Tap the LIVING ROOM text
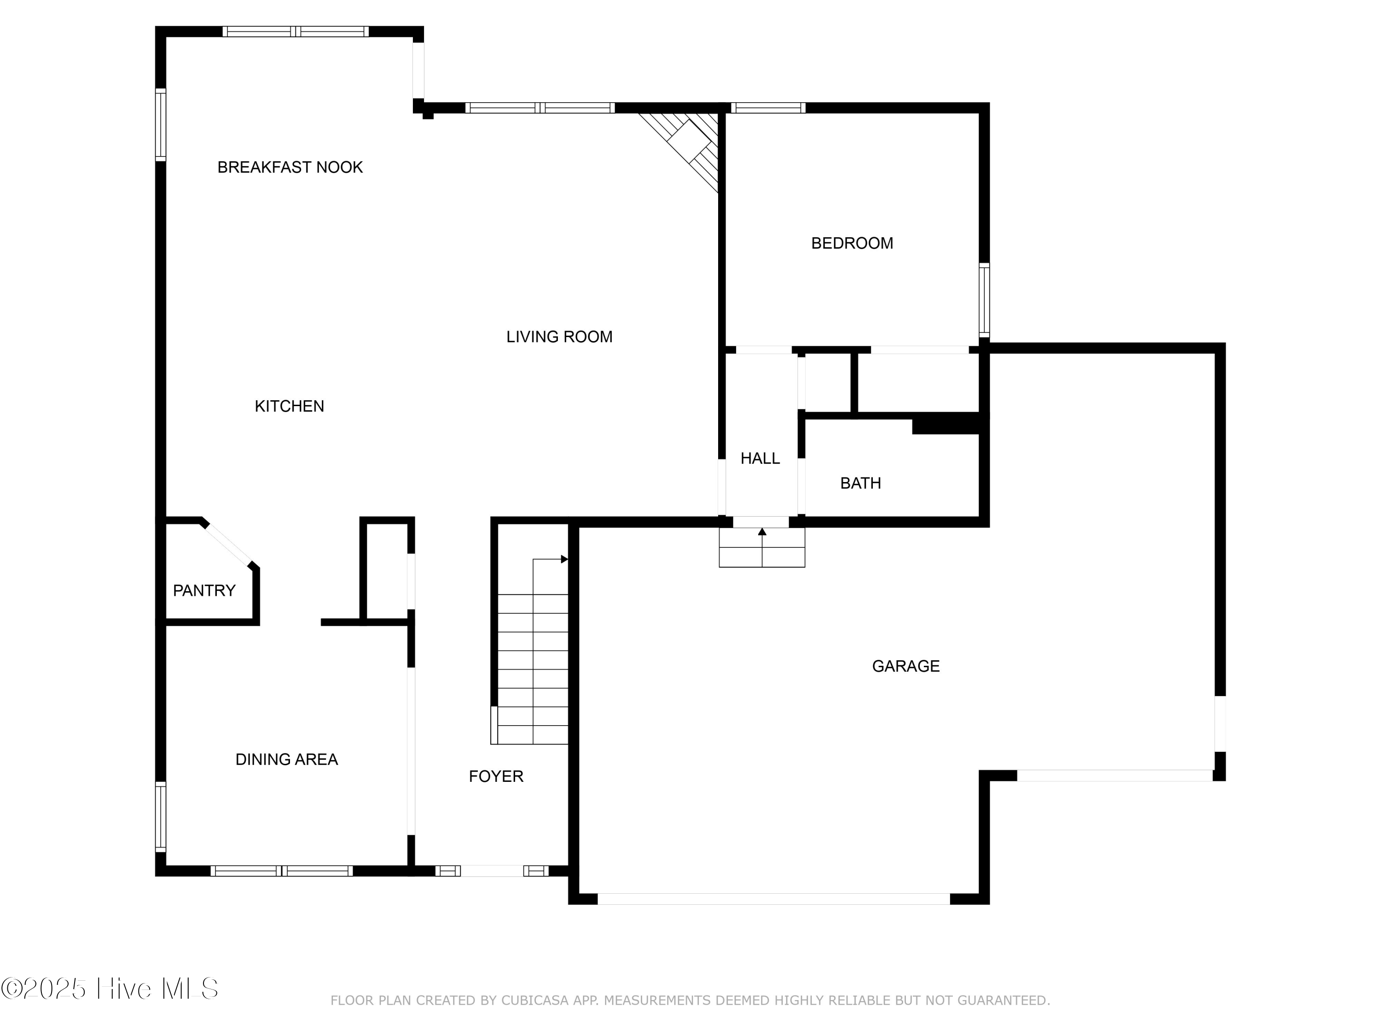559,337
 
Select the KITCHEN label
289,407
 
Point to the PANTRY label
203,591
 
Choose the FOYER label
496,776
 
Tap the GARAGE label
905,666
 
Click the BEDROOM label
852,244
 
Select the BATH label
860,483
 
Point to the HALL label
760,459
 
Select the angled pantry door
227,545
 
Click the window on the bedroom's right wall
984,300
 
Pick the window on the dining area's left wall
161,817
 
